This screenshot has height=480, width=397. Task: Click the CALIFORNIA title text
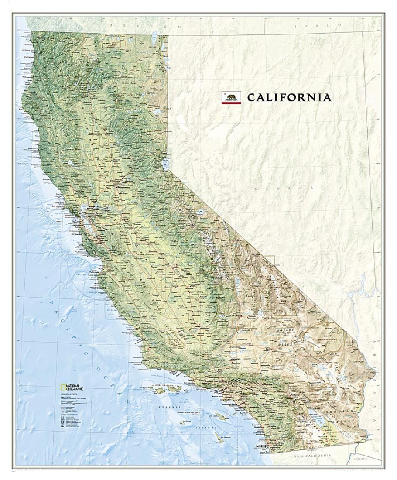coord(289,97)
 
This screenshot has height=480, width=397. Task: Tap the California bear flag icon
coord(231,97)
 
